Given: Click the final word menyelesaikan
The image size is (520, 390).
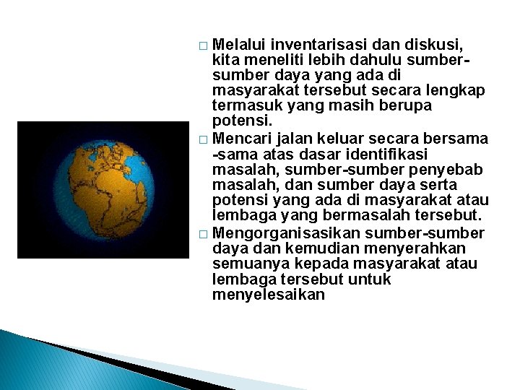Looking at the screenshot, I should tap(269, 295).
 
